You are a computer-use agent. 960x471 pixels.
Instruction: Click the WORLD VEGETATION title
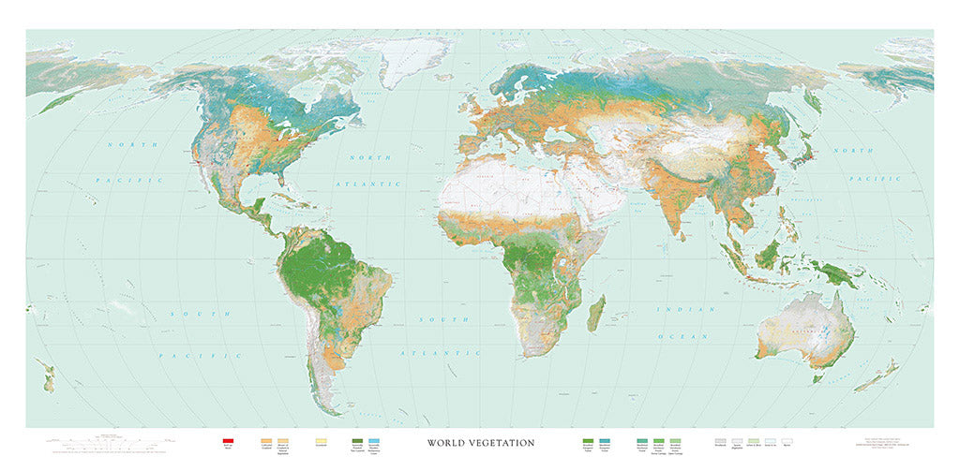pyautogui.click(x=481, y=443)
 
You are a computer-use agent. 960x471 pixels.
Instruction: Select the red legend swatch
pyautogui.click(x=227, y=441)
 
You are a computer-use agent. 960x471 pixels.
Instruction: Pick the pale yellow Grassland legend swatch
pyautogui.click(x=322, y=441)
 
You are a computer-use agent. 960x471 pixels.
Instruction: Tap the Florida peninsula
pyautogui.click(x=259, y=187)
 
